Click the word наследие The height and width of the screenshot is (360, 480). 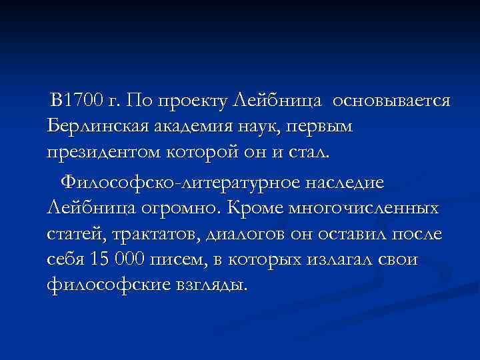[347, 181]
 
